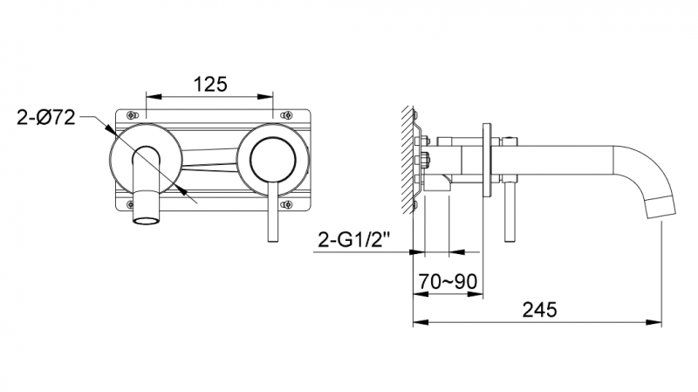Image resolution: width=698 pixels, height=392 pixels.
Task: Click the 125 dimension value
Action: [x=210, y=84]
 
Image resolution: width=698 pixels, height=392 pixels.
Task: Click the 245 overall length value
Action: [x=540, y=309]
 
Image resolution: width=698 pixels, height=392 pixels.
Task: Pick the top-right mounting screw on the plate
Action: [x=290, y=114]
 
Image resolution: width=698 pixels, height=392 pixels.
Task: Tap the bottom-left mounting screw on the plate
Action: [x=131, y=205]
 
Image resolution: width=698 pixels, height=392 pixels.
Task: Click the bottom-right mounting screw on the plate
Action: [x=290, y=205]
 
